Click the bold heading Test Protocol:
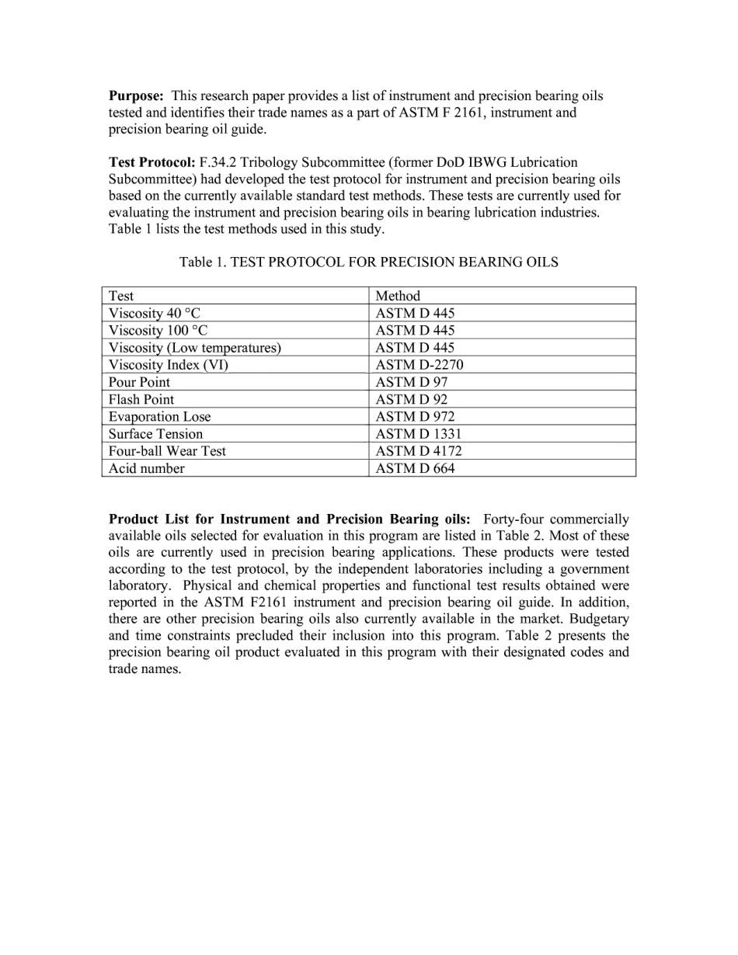[151, 162]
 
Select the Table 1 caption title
[368, 262]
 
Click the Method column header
[398, 296]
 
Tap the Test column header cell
[121, 296]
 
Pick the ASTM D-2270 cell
[419, 365]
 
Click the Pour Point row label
[139, 382]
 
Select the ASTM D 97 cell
[412, 382]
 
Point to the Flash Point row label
[141, 399]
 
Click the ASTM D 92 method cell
[412, 399]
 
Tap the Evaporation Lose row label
[159, 417]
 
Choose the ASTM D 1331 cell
[418, 434]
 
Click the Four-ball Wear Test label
[167, 451]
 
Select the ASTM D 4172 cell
[418, 451]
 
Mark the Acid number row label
[147, 468]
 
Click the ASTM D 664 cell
[415, 468]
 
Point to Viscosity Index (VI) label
[169, 365]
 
